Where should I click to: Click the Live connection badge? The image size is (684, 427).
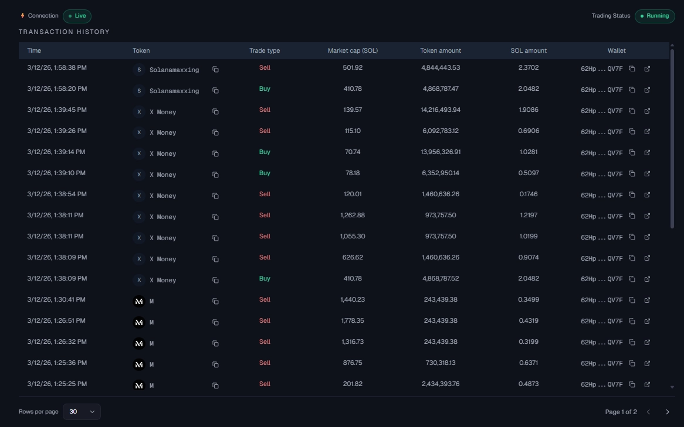[x=77, y=16]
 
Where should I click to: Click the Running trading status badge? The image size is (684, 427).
[x=655, y=16]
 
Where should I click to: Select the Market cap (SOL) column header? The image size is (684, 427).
[x=353, y=51]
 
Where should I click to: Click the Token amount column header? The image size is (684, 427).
[x=441, y=51]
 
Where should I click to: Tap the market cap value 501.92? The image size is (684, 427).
[x=353, y=68]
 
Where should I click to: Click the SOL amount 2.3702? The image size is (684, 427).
[x=529, y=68]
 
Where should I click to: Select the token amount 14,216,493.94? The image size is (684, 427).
[x=441, y=110]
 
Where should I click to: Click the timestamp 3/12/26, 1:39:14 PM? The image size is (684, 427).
[x=56, y=152]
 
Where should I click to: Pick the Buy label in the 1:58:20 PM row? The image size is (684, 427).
[x=265, y=89]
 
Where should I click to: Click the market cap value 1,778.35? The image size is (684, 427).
[x=353, y=321]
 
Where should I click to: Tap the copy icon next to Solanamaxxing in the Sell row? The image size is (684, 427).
[x=215, y=70]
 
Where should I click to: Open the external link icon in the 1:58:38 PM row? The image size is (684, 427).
[x=647, y=69]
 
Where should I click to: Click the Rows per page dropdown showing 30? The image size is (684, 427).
[x=82, y=412]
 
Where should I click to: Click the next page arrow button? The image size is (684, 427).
[x=667, y=412]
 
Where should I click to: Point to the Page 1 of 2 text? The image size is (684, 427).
[x=621, y=412]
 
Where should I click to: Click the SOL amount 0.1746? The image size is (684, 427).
[x=529, y=194]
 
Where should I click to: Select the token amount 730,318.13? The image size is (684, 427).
[x=441, y=363]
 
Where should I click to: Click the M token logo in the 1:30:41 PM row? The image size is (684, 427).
[x=139, y=302]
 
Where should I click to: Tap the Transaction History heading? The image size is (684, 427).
[x=64, y=32]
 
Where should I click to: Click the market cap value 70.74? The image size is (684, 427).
[x=353, y=152]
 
